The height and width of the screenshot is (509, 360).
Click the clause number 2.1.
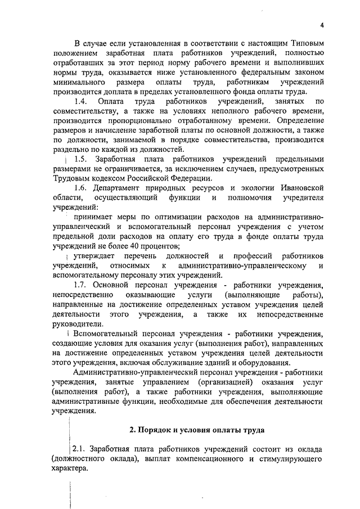tap(81, 449)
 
